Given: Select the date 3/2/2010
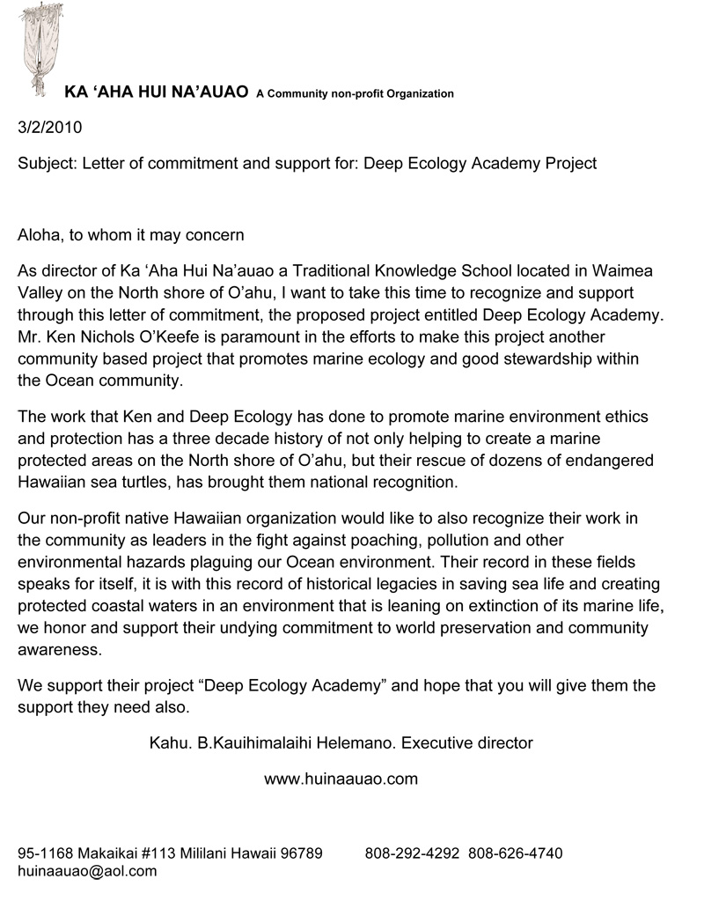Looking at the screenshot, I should click(x=50, y=127).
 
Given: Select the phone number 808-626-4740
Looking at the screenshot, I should click(x=516, y=853).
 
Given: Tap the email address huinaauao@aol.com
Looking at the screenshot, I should click(x=87, y=871).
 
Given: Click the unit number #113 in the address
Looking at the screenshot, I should click(x=159, y=853).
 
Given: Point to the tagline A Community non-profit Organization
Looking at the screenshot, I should click(x=355, y=93).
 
